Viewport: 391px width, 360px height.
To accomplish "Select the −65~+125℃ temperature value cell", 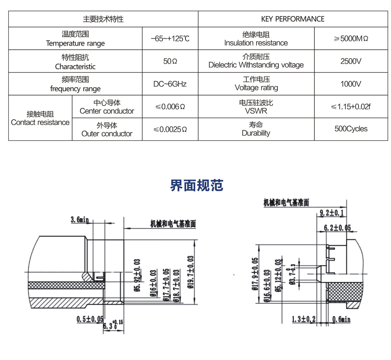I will click(x=170, y=39).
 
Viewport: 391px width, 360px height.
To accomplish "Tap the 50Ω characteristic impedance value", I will click(x=170, y=61).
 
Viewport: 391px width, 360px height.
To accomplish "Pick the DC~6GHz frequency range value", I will click(x=170, y=84).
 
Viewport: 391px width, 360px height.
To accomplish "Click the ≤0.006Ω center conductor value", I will click(x=170, y=106).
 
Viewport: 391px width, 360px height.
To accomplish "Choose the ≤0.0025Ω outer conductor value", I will click(x=170, y=129).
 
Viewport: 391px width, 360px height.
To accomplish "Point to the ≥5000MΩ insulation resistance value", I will click(x=351, y=39).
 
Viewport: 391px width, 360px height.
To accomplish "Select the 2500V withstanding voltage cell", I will click(x=351, y=61).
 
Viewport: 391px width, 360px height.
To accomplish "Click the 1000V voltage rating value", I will click(x=351, y=84).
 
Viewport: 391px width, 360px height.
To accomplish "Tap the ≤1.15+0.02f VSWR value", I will click(x=351, y=106).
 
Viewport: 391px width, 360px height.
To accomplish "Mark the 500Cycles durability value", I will click(x=351, y=129).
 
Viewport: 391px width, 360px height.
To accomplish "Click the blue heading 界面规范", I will click(x=197, y=185).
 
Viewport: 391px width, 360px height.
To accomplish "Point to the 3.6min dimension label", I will click(x=79, y=220).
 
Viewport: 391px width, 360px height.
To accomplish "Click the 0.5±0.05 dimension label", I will click(x=90, y=319).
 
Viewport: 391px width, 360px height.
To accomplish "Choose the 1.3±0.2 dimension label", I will click(x=304, y=319).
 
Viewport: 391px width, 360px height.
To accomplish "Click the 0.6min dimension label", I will click(x=341, y=319).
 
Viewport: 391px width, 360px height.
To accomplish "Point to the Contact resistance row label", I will click(x=40, y=118).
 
